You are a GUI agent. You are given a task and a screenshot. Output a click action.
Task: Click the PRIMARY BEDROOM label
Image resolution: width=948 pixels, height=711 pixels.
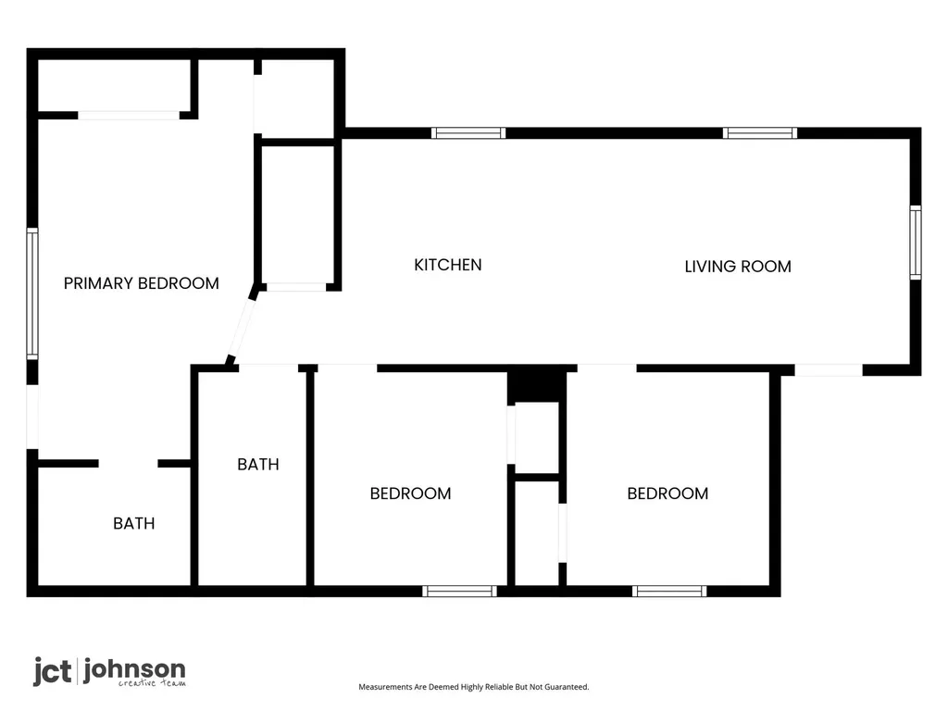(x=142, y=283)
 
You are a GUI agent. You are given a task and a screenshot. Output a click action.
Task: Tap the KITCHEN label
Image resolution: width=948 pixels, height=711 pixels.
(x=448, y=265)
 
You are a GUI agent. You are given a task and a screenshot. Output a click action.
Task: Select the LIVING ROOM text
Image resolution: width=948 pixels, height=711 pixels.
(x=738, y=267)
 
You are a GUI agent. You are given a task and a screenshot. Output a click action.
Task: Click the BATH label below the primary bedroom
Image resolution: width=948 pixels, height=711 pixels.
(x=133, y=523)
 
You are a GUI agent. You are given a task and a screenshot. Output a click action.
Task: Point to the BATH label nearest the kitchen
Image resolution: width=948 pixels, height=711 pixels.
(x=258, y=465)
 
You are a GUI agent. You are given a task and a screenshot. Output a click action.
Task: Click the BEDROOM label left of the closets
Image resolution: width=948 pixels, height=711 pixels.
(x=410, y=493)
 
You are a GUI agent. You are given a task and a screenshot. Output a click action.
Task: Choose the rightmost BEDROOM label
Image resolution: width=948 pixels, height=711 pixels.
(x=667, y=493)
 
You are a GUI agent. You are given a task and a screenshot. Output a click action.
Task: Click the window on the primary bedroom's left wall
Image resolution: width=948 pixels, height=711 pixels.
(x=32, y=293)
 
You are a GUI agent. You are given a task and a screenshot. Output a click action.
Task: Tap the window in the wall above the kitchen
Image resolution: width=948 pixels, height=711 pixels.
(x=468, y=133)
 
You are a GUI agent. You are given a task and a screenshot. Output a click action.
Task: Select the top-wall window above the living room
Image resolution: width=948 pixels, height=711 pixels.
(x=760, y=133)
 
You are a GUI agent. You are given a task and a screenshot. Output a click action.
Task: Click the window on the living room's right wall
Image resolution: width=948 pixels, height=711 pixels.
(x=916, y=243)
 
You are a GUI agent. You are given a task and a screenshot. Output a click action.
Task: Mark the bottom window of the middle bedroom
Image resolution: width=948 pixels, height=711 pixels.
(x=459, y=592)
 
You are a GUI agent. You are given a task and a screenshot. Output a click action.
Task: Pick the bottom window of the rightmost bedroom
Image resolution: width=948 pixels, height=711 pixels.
(x=669, y=592)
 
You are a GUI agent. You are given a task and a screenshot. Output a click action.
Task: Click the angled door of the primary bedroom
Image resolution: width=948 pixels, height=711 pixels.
(x=241, y=328)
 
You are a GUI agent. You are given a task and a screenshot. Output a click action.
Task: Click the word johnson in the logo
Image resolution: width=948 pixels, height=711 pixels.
(x=134, y=669)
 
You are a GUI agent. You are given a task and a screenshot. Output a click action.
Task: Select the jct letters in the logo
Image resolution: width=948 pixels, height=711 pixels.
(x=52, y=671)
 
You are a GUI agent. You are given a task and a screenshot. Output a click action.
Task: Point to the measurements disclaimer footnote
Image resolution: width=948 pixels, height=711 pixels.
(x=473, y=687)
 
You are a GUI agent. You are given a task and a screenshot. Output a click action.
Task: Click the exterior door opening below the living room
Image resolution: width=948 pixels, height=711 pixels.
(x=829, y=370)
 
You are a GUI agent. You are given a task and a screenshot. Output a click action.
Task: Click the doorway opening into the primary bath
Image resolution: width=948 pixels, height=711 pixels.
(x=128, y=464)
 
